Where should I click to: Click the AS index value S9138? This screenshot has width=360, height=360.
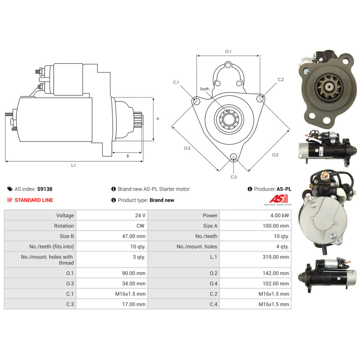(x=45, y=189)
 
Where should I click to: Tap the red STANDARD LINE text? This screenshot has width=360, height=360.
(x=34, y=200)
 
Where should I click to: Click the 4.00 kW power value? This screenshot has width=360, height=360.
(x=279, y=215)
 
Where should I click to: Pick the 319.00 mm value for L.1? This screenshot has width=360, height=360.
(x=276, y=257)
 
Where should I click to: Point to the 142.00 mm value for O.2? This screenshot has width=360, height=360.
(x=276, y=273)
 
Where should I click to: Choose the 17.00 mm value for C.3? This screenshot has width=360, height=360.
(x=134, y=304)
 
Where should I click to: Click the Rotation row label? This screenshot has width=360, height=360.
(x=64, y=226)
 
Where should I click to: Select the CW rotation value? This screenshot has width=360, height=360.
(x=140, y=226)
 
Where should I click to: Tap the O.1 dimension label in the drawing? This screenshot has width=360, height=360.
(x=228, y=51)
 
